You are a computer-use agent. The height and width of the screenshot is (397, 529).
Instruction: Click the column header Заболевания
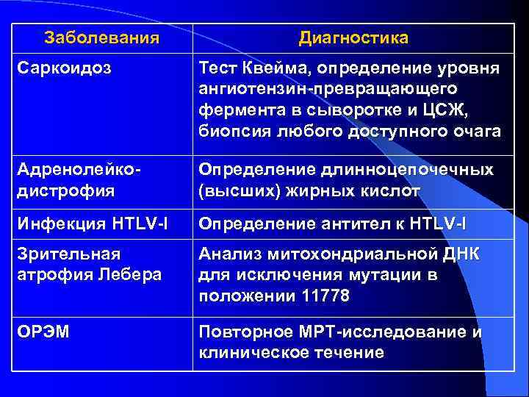101,37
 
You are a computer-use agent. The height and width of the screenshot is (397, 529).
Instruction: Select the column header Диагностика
353,37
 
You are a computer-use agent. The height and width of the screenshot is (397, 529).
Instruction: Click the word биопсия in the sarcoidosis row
231,132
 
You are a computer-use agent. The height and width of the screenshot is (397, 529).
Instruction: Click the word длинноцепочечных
406,171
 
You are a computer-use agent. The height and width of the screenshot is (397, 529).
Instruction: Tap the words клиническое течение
291,352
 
